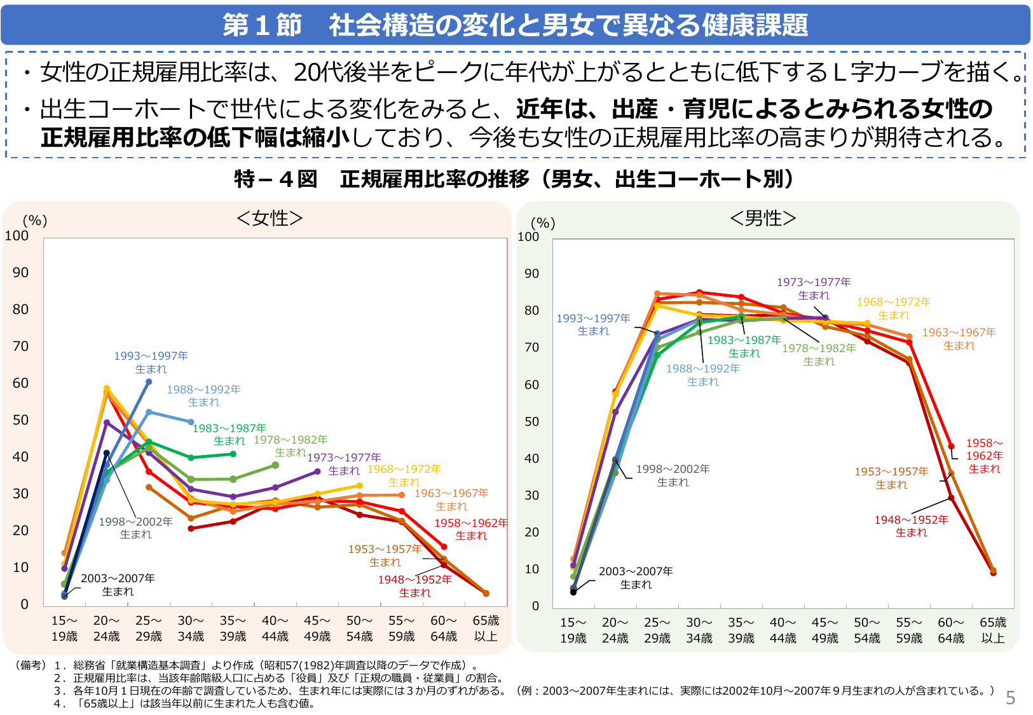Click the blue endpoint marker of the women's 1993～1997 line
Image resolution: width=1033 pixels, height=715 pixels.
click(149, 382)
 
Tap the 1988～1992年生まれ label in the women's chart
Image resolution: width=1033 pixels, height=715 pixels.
click(203, 396)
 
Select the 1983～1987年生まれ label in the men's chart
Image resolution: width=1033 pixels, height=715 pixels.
click(744, 346)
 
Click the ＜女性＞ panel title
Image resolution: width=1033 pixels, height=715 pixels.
click(269, 218)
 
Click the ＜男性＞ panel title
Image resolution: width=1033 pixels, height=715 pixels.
click(763, 218)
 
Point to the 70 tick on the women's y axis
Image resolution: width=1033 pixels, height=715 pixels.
click(20, 346)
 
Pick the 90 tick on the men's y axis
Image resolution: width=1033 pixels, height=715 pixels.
click(531, 274)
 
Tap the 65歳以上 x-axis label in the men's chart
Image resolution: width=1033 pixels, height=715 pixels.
click(992, 630)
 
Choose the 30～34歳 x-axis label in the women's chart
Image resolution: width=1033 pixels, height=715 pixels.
click(191, 629)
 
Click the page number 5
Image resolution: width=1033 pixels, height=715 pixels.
click(1010, 698)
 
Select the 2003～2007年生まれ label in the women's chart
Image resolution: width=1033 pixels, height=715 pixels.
click(118, 585)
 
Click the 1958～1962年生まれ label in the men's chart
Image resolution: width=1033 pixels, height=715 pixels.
click(984, 456)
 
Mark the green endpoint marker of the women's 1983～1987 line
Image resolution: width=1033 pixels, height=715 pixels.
click(233, 454)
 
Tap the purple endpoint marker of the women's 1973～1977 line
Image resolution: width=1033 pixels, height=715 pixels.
click(317, 472)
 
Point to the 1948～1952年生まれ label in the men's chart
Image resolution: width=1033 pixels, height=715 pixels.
click(911, 526)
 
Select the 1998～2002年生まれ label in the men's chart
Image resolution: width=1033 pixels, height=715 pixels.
click(673, 475)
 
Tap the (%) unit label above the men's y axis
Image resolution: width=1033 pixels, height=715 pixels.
click(543, 222)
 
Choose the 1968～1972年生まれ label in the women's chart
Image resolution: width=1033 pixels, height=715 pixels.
click(404, 475)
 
